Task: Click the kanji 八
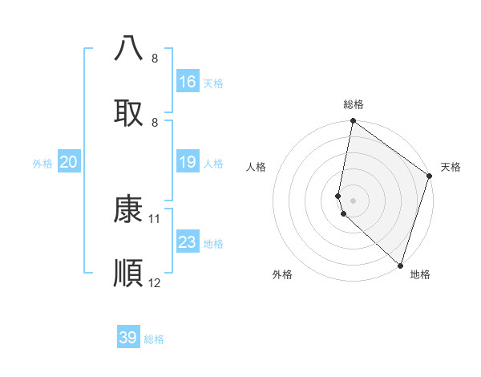pyautogui.click(x=129, y=48)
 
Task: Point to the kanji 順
pyautogui.click(x=129, y=274)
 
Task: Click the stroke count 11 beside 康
pyautogui.click(x=155, y=218)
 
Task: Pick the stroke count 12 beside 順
pyautogui.click(x=155, y=282)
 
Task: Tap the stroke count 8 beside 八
pyautogui.click(x=155, y=59)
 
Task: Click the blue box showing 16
pyautogui.click(x=188, y=82)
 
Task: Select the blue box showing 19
pyautogui.click(x=188, y=163)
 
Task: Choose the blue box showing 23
pyautogui.click(x=188, y=242)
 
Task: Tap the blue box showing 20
pyautogui.click(x=69, y=163)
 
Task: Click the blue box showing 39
pyautogui.click(x=128, y=338)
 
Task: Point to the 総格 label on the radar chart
pyautogui.click(x=354, y=104)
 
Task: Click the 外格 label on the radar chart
pyautogui.click(x=282, y=274)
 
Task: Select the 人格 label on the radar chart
pyautogui.click(x=257, y=167)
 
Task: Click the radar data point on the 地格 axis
pyautogui.click(x=400, y=266)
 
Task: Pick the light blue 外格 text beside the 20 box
pyautogui.click(x=42, y=164)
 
